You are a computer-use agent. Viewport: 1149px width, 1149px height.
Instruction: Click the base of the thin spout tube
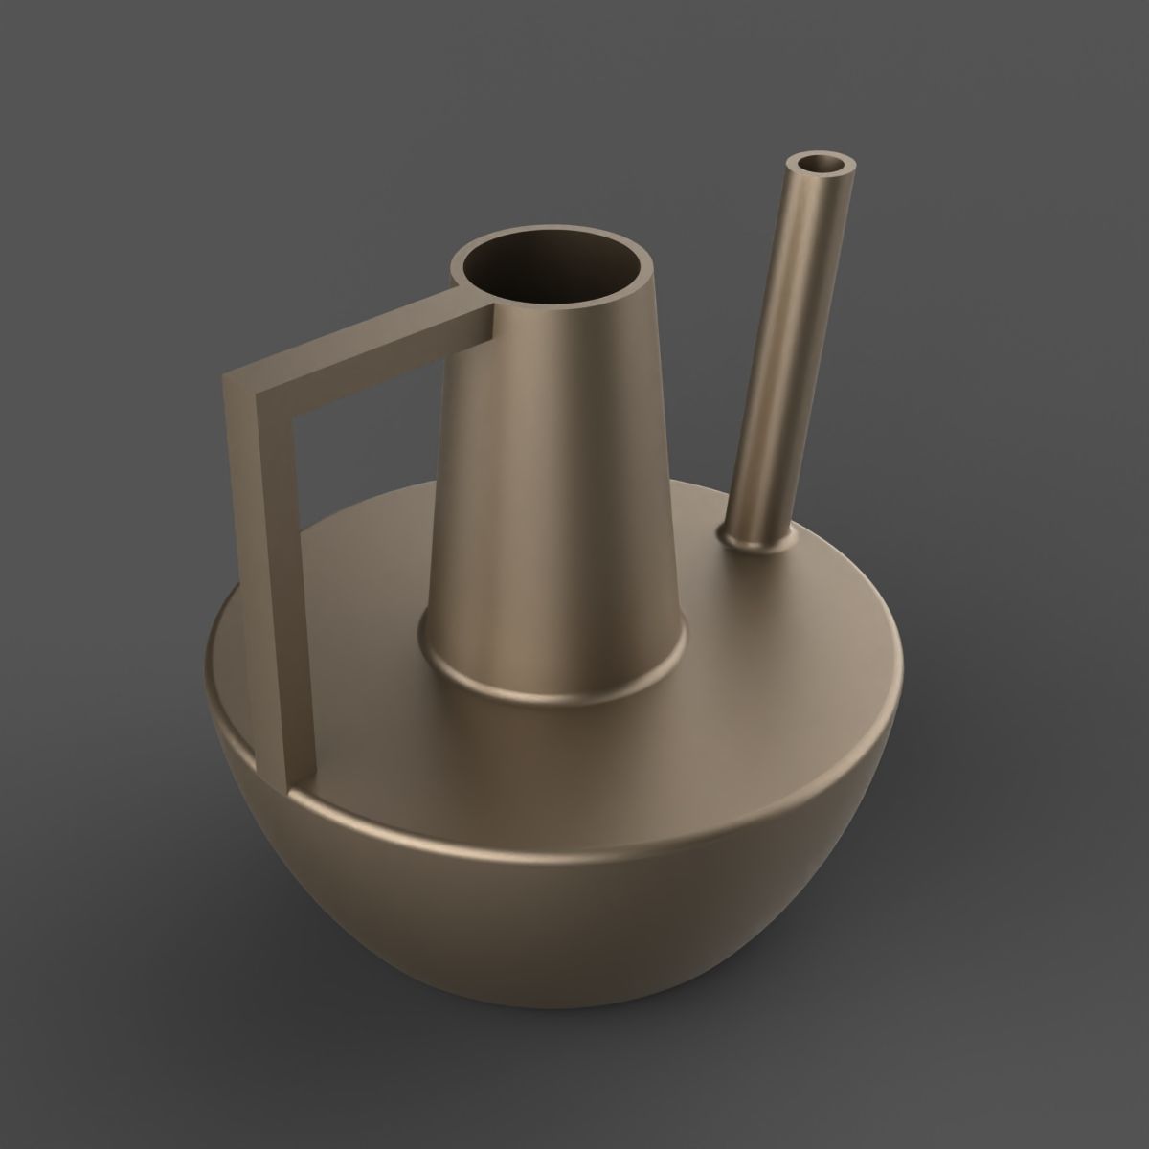(x=757, y=541)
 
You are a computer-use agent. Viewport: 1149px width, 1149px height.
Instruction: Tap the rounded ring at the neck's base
(x=555, y=685)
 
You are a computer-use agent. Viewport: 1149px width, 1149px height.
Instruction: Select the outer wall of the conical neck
(x=555, y=479)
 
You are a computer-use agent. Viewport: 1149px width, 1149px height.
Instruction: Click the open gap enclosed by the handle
(x=364, y=498)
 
